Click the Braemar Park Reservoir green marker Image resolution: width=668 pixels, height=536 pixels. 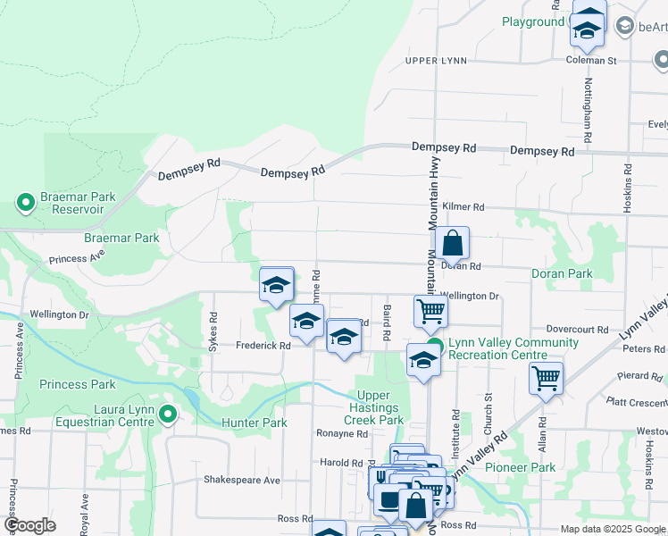click(25, 204)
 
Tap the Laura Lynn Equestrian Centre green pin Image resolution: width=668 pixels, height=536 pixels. click(169, 415)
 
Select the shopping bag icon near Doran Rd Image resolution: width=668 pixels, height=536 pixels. click(452, 243)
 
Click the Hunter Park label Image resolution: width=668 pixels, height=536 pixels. click(255, 423)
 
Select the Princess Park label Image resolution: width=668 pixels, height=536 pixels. click(78, 385)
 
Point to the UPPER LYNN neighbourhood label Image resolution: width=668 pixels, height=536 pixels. click(435, 61)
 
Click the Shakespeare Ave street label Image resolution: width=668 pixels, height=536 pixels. click(242, 480)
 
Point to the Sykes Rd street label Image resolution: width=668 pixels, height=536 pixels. click(213, 331)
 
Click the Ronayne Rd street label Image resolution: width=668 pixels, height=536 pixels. click(342, 434)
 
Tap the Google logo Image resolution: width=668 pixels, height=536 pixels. click(29, 525)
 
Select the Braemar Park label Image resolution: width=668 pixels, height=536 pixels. click(121, 239)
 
